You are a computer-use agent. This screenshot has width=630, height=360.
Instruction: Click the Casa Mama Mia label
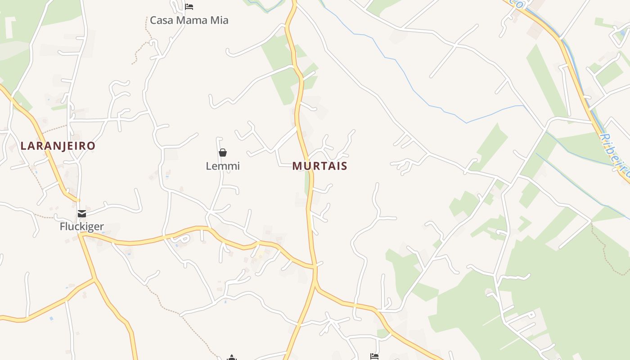click(x=189, y=20)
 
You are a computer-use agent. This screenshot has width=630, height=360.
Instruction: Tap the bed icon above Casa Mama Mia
click(x=189, y=6)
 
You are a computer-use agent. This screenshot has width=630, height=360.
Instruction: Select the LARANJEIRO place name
click(x=58, y=146)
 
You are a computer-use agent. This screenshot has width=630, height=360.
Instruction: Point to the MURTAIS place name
click(x=319, y=166)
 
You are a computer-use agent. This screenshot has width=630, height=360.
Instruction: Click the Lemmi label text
click(x=223, y=166)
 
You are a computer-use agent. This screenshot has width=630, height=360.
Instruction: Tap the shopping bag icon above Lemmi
click(x=223, y=153)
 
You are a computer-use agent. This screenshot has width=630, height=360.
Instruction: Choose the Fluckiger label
click(x=82, y=226)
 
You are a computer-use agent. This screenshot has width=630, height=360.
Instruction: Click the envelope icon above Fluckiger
click(x=81, y=213)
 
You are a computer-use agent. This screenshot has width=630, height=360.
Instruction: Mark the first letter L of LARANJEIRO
click(x=23, y=146)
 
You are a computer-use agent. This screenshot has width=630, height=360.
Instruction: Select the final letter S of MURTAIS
click(x=344, y=166)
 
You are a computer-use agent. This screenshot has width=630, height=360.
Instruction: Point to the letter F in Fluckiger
click(x=63, y=226)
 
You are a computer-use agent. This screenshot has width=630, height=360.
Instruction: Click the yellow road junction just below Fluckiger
click(x=81, y=234)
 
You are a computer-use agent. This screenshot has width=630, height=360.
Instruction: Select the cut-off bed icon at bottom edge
click(x=374, y=357)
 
